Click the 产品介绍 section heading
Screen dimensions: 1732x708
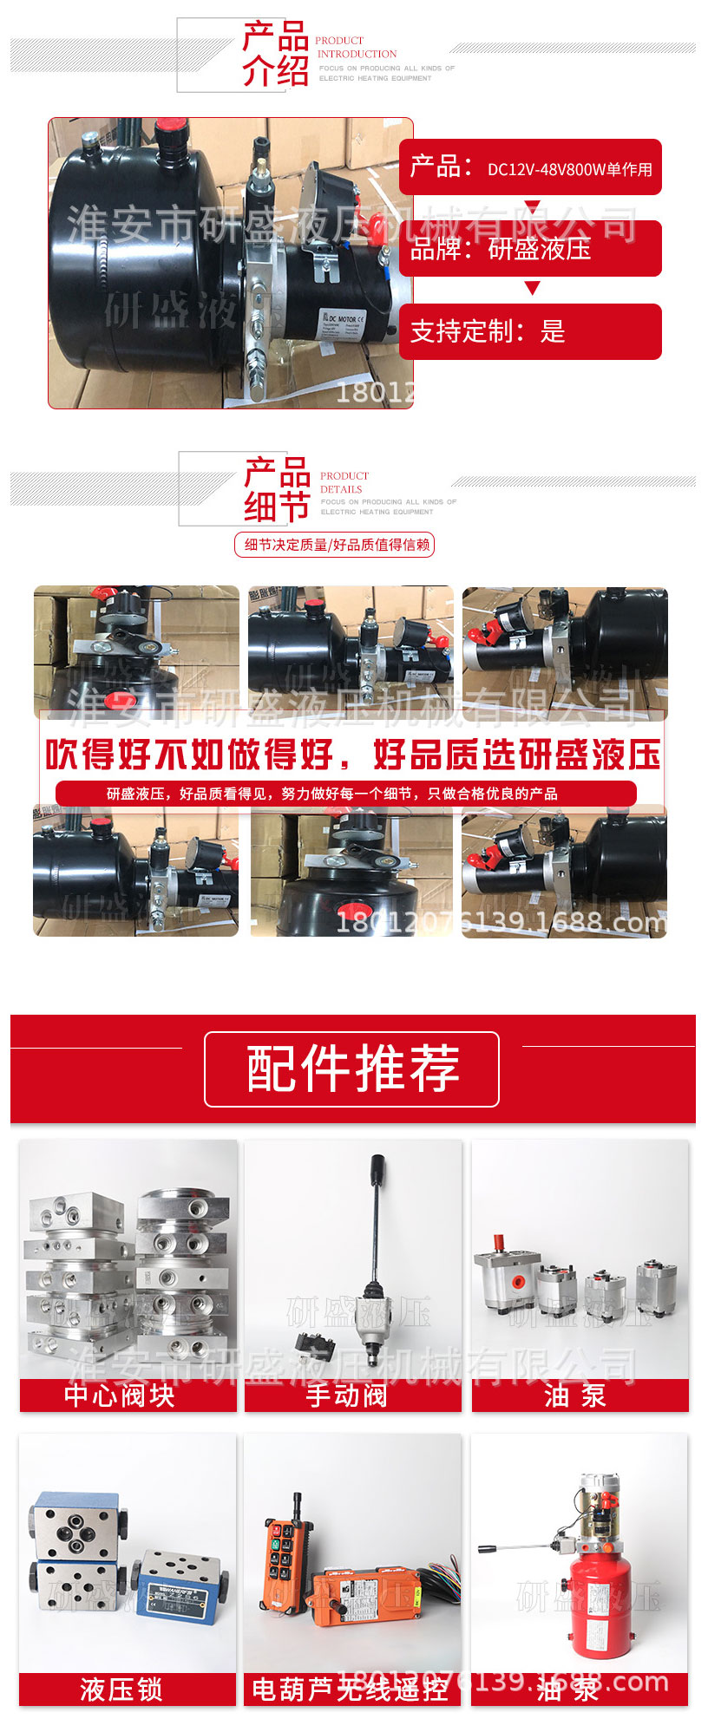(275, 55)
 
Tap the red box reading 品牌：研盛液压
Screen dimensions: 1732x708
(529, 249)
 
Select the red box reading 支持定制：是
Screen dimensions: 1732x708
(529, 331)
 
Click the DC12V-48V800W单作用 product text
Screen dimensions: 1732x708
(569, 169)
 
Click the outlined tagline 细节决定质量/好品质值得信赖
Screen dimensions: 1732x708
(335, 545)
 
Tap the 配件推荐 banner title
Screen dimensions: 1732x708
(352, 1069)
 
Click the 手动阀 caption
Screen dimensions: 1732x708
(347, 1395)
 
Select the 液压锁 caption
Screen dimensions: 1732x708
(121, 1689)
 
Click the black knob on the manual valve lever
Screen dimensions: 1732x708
(377, 1167)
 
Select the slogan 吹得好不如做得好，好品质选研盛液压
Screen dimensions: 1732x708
(352, 755)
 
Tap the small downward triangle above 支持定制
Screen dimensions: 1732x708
(532, 288)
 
